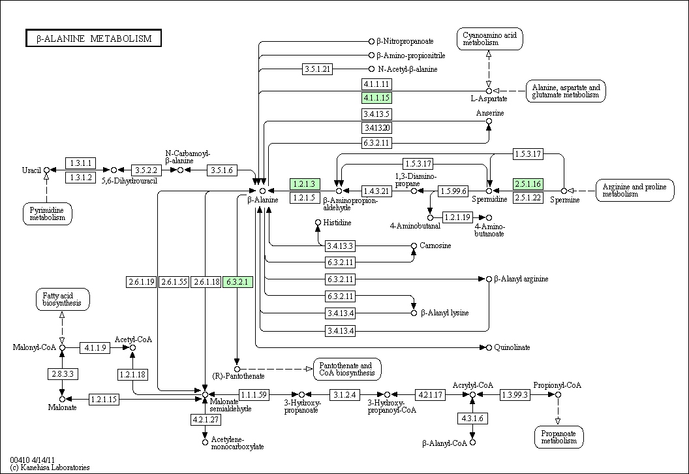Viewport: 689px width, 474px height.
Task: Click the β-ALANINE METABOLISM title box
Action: [x=93, y=39]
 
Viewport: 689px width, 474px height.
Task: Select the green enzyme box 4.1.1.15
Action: [x=376, y=98]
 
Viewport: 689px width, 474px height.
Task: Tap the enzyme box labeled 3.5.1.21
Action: [x=317, y=69]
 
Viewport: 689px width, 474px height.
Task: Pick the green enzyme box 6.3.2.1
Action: [x=237, y=282]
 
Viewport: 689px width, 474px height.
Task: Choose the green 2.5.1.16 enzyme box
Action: [x=528, y=184]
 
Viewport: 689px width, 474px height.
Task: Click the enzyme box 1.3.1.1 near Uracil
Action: [x=80, y=163]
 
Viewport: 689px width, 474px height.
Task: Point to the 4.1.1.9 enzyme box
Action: [x=95, y=348]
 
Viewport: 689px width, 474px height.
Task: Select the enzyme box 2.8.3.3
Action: [x=63, y=374]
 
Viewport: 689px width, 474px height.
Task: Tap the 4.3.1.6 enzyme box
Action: [x=472, y=418]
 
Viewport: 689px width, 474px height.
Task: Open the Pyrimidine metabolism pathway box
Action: [x=48, y=214]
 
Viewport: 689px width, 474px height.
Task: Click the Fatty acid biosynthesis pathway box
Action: [x=63, y=300]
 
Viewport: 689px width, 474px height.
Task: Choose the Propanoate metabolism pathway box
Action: [x=559, y=437]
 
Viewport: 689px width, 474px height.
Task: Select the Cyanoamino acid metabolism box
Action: [x=490, y=39]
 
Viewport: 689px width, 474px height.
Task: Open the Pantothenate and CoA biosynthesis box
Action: [x=347, y=370]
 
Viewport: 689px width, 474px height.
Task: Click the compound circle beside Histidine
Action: [x=318, y=223]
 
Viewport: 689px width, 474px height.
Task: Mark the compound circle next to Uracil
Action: [x=46, y=170]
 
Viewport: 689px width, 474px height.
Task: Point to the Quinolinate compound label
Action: [x=512, y=347]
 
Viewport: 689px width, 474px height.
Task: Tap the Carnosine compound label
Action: [x=435, y=245]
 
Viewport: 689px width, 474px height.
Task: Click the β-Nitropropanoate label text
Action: [x=405, y=41]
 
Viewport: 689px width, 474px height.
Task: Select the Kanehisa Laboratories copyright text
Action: [x=50, y=467]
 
